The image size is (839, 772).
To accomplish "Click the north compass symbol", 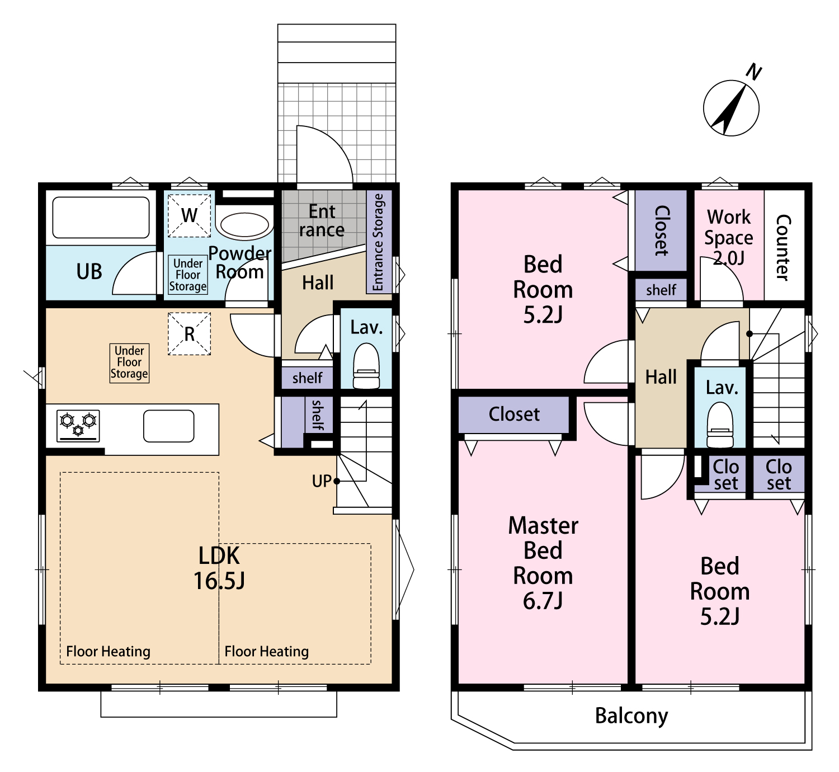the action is click(731, 107).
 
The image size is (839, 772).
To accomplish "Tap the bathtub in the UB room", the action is click(101, 218).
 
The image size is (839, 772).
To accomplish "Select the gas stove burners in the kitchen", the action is click(78, 426).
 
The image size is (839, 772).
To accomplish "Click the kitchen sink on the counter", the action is click(168, 426).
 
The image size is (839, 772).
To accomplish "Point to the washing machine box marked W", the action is click(189, 215).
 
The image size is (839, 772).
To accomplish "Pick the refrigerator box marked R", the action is click(189, 334).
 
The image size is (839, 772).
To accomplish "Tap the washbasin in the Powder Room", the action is click(244, 225).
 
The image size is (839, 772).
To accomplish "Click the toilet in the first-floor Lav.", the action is click(366, 366).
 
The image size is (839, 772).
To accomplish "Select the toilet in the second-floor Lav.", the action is click(720, 425).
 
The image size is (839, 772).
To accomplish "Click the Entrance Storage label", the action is click(378, 242).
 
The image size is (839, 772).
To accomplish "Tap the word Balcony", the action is click(631, 716).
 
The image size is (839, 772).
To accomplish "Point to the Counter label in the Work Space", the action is click(783, 248).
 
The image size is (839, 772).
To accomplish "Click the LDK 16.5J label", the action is click(219, 568).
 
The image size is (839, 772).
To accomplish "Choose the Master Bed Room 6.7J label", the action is click(543, 563).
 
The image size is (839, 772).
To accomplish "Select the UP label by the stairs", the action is click(321, 481).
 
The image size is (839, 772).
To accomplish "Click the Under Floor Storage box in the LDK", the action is click(129, 363).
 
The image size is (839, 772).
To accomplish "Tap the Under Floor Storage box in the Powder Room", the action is click(188, 275).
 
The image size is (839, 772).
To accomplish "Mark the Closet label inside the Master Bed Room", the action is click(514, 414).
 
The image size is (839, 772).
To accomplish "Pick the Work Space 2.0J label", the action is click(729, 237).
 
